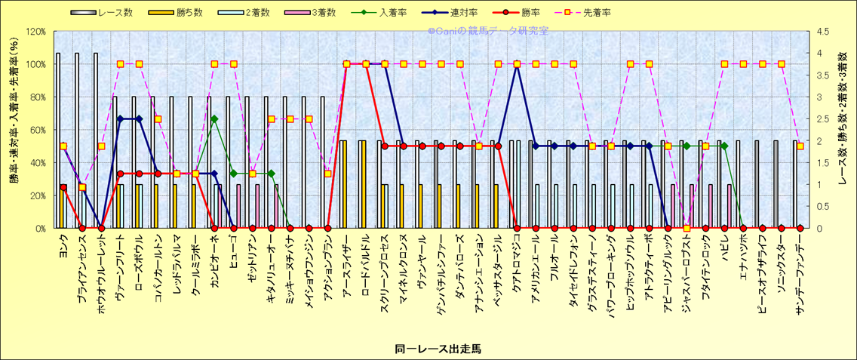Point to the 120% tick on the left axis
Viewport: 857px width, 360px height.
click(35, 32)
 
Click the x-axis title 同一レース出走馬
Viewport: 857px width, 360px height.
click(438, 349)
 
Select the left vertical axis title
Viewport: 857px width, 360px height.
click(13, 128)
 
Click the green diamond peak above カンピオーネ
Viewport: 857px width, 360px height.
click(214, 119)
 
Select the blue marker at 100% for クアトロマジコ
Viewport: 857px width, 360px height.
click(517, 64)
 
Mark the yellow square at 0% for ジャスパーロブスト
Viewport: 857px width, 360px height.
click(687, 227)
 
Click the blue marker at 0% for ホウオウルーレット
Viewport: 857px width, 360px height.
click(101, 227)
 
